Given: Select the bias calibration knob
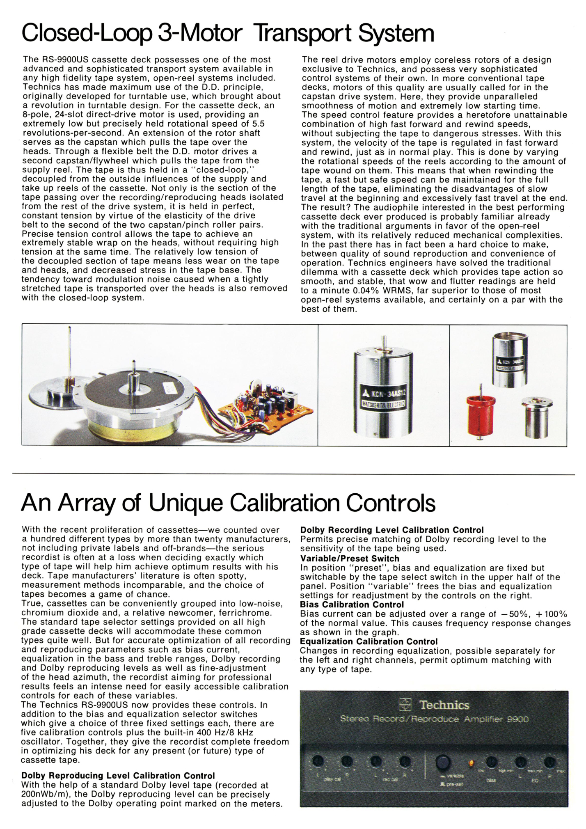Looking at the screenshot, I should [491, 763].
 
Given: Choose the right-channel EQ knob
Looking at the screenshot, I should [549, 763].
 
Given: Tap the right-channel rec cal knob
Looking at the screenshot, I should [405, 762].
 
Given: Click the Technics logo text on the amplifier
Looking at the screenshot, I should [444, 705].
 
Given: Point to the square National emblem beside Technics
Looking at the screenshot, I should [405, 705].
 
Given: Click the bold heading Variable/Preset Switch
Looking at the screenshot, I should [350, 559].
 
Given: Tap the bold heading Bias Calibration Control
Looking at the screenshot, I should [352, 605].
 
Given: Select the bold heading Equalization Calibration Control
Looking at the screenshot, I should [369, 641].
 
